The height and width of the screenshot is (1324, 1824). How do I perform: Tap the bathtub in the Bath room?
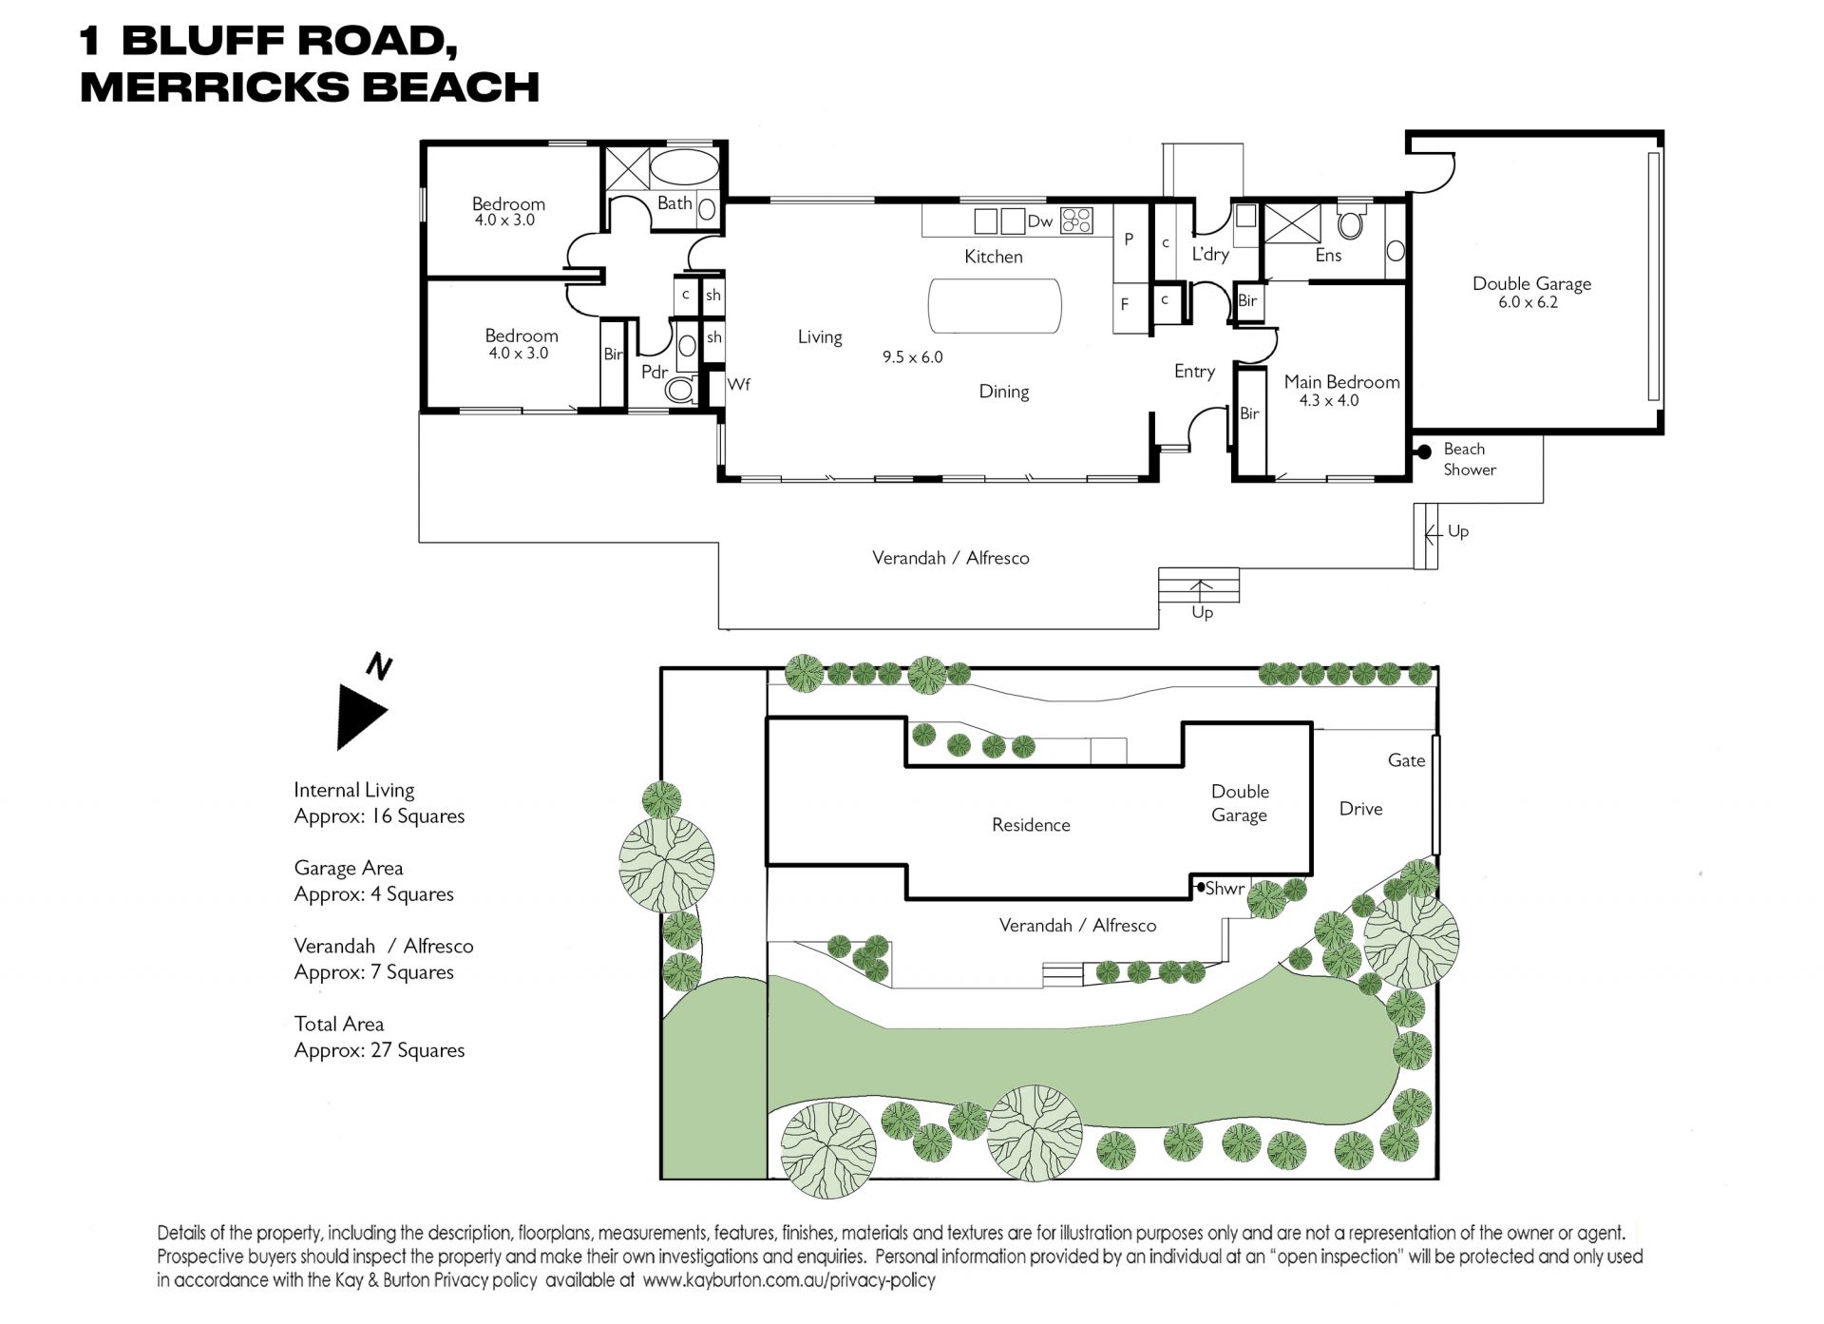[684, 166]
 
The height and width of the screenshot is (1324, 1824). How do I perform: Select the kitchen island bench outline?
[994, 306]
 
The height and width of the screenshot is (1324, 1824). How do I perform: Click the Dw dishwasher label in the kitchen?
[1039, 221]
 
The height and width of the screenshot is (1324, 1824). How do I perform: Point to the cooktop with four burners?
[1076, 221]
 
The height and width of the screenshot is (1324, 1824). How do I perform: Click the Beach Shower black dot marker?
[1424, 452]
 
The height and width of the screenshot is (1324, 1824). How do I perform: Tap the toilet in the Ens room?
[1350, 223]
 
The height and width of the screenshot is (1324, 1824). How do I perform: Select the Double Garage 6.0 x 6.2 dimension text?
[1529, 302]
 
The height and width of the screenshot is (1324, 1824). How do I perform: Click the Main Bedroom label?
[1341, 381]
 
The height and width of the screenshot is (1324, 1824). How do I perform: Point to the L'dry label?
[1210, 254]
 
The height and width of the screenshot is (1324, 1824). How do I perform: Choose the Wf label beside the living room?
[738, 384]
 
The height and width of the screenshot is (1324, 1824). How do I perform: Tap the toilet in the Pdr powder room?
[679, 388]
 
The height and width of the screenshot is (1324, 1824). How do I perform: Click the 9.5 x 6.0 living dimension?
[912, 357]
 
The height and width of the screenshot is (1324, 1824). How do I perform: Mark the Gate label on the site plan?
[1406, 760]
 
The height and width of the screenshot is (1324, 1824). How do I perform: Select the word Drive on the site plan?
[1360, 809]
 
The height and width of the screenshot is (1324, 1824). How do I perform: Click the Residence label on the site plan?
[1031, 825]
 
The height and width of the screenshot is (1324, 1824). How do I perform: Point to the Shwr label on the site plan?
[1225, 888]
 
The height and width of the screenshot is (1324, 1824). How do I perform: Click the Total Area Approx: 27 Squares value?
[379, 1050]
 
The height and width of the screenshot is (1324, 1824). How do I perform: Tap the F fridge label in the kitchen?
[1125, 304]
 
